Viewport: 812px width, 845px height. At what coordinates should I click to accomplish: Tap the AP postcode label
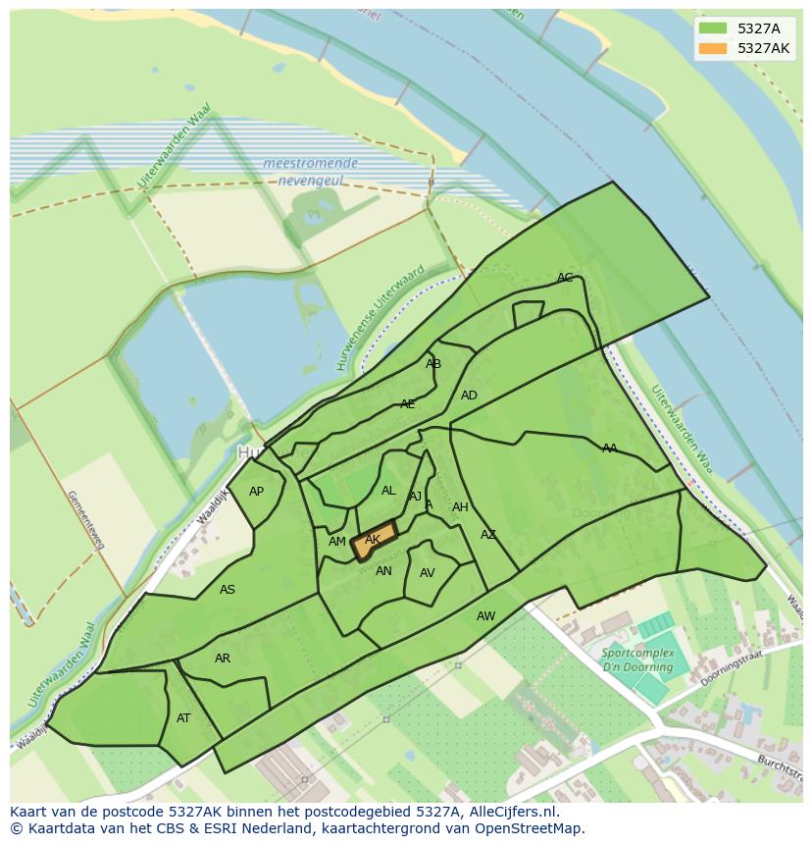pos(256,492)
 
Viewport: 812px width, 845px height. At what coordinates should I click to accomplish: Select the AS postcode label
pos(228,590)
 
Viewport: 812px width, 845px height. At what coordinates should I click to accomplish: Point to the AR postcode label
pos(223,659)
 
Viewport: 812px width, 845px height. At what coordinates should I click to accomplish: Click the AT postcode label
pos(183,718)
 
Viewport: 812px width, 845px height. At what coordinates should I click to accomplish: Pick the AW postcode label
pos(485,616)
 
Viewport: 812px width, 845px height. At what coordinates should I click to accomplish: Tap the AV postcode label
pos(427,573)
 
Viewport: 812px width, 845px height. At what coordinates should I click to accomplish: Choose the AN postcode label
pos(383,571)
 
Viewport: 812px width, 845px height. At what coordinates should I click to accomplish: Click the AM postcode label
pos(337,542)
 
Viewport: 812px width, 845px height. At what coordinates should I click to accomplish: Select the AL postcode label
pos(388,491)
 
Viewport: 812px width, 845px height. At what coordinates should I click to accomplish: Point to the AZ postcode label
pos(488,535)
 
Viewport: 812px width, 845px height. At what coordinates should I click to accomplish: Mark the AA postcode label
pos(610,449)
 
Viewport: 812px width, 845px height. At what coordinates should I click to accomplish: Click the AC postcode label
pos(565,278)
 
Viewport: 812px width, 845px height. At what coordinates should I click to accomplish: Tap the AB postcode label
pos(433,364)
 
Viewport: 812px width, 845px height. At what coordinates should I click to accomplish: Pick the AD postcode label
pos(469,396)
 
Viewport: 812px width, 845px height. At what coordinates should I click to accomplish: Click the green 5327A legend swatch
pos(713,28)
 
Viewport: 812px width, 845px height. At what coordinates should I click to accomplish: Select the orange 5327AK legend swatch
pos(713,48)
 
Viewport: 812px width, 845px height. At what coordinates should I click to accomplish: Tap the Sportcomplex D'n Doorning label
pos(638,660)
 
